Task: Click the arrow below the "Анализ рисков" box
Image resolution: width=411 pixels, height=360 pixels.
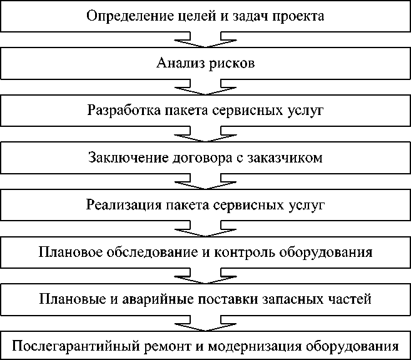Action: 206,87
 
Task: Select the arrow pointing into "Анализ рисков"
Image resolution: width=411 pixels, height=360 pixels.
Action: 206,40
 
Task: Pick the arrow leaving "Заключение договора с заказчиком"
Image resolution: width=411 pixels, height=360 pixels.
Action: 206,181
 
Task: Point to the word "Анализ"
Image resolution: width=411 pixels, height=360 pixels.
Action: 177,64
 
